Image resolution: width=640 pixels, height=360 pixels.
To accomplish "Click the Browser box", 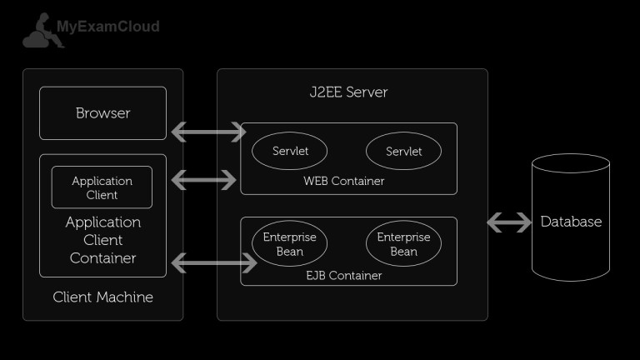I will (102, 113).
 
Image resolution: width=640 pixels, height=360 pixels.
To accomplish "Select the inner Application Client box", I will (102, 187).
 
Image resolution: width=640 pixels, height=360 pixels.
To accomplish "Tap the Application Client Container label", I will (102, 240).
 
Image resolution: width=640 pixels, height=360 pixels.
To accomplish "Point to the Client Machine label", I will (102, 297).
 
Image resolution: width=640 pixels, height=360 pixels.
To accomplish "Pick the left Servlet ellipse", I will (290, 152).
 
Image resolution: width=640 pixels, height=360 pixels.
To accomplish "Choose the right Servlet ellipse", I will (403, 152).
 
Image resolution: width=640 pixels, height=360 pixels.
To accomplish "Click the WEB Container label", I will (344, 181).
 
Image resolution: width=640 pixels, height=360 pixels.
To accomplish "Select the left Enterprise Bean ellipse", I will (290, 244).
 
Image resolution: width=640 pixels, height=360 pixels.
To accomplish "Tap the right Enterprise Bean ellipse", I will (403, 244).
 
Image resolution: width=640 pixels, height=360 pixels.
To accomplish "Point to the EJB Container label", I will (344, 275).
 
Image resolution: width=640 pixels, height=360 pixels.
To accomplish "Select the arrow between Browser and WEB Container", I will (208, 132).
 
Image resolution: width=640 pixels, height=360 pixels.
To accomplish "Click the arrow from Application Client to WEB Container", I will (203, 178).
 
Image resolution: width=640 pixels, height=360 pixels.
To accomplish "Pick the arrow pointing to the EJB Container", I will (213, 264).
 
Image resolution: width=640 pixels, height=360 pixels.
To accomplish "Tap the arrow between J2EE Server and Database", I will (509, 222).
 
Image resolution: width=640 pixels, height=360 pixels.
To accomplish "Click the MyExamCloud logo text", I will (107, 27).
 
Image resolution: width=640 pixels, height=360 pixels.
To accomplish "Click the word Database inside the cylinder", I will (571, 222).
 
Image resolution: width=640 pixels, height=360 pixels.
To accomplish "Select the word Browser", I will (102, 113).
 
